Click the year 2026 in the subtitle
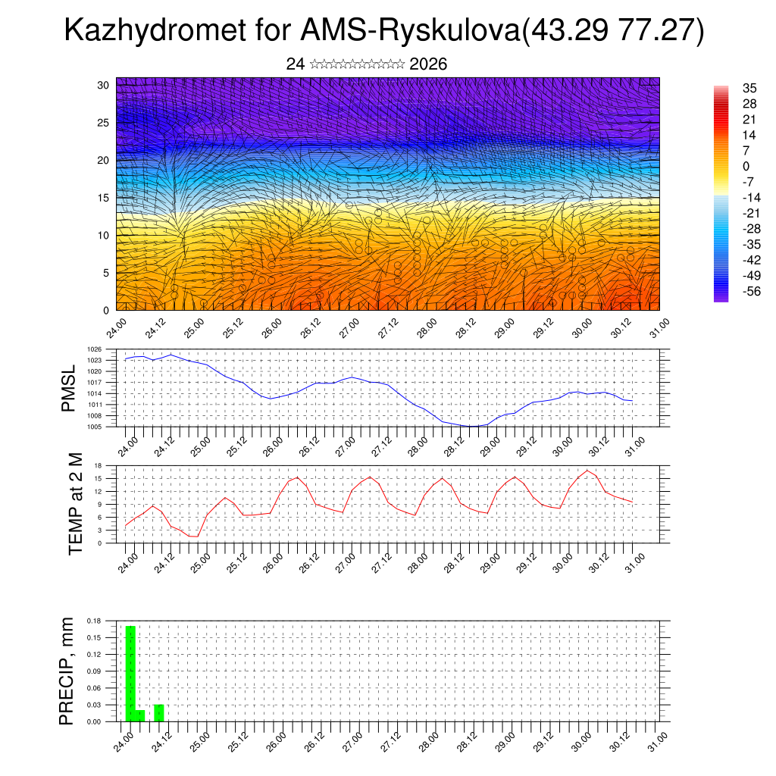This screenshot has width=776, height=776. (428, 64)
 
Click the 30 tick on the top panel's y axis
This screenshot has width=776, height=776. (103, 85)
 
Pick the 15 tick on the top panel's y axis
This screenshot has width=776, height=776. (103, 198)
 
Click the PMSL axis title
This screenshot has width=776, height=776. (69, 388)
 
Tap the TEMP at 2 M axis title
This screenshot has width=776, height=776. (75, 503)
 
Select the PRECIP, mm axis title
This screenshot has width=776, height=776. (68, 671)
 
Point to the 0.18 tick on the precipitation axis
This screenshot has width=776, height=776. (93, 621)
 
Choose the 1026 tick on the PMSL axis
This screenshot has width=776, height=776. (103, 349)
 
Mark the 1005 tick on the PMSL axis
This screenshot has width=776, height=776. (103, 427)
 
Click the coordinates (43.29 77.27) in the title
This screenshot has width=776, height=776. (613, 31)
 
